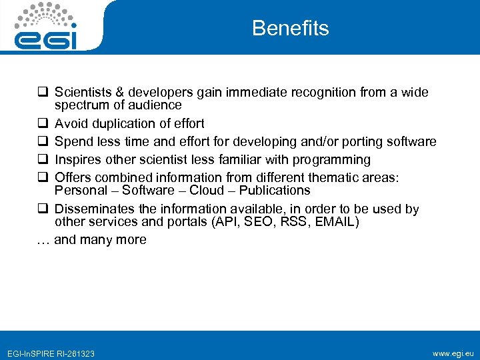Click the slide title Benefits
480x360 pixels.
click(290, 28)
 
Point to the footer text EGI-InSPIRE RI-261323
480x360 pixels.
click(50, 353)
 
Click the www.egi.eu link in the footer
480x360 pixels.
click(453, 353)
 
